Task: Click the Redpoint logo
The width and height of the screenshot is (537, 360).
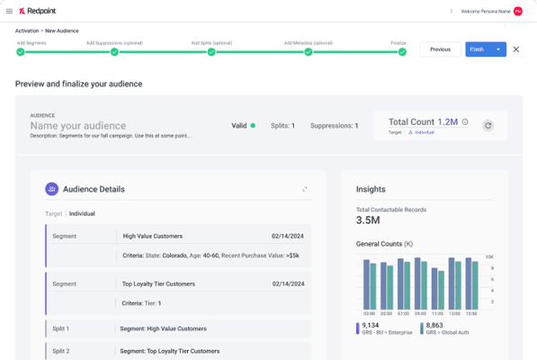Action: pyautogui.click(x=39, y=11)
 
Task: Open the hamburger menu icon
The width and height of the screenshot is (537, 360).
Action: pyautogui.click(x=9, y=11)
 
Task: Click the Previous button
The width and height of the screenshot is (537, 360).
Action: pyautogui.click(x=440, y=49)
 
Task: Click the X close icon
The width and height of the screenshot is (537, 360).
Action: pyautogui.click(x=516, y=49)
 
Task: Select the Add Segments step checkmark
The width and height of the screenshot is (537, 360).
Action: pyautogui.click(x=20, y=52)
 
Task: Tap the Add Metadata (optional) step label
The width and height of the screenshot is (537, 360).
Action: pyautogui.click(x=308, y=42)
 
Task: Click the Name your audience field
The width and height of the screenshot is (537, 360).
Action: pyautogui.click(x=78, y=125)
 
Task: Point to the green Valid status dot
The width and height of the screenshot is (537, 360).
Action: pyautogui.click(x=253, y=125)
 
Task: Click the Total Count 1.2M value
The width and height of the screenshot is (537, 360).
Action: pyautogui.click(x=448, y=121)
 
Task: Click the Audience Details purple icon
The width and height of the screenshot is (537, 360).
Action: pyautogui.click(x=51, y=189)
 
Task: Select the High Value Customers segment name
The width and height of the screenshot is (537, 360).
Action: pyautogui.click(x=153, y=236)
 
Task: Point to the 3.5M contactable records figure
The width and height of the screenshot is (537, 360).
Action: pyautogui.click(x=368, y=220)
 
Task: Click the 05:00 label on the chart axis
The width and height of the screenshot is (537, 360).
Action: pyautogui.click(x=387, y=313)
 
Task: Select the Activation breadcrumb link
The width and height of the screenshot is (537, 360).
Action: pyautogui.click(x=27, y=31)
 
